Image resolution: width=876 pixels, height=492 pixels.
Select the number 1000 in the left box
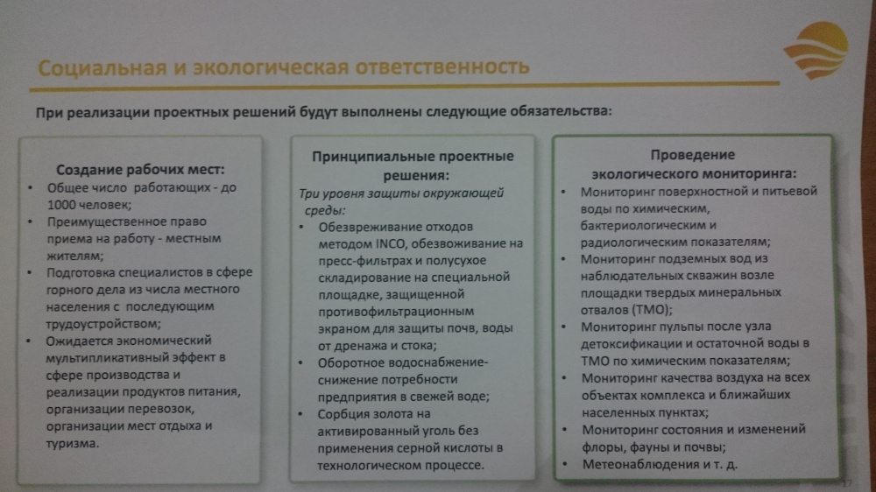61,205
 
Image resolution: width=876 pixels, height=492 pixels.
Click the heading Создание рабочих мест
140,170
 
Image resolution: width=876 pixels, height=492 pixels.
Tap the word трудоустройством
103,324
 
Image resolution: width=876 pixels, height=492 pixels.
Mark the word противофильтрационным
396,312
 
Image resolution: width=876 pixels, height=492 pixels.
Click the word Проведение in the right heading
692,155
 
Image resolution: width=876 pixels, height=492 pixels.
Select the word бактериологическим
642,226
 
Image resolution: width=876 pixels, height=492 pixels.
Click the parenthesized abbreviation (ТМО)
651,310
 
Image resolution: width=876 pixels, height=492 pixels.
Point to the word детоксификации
634,344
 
